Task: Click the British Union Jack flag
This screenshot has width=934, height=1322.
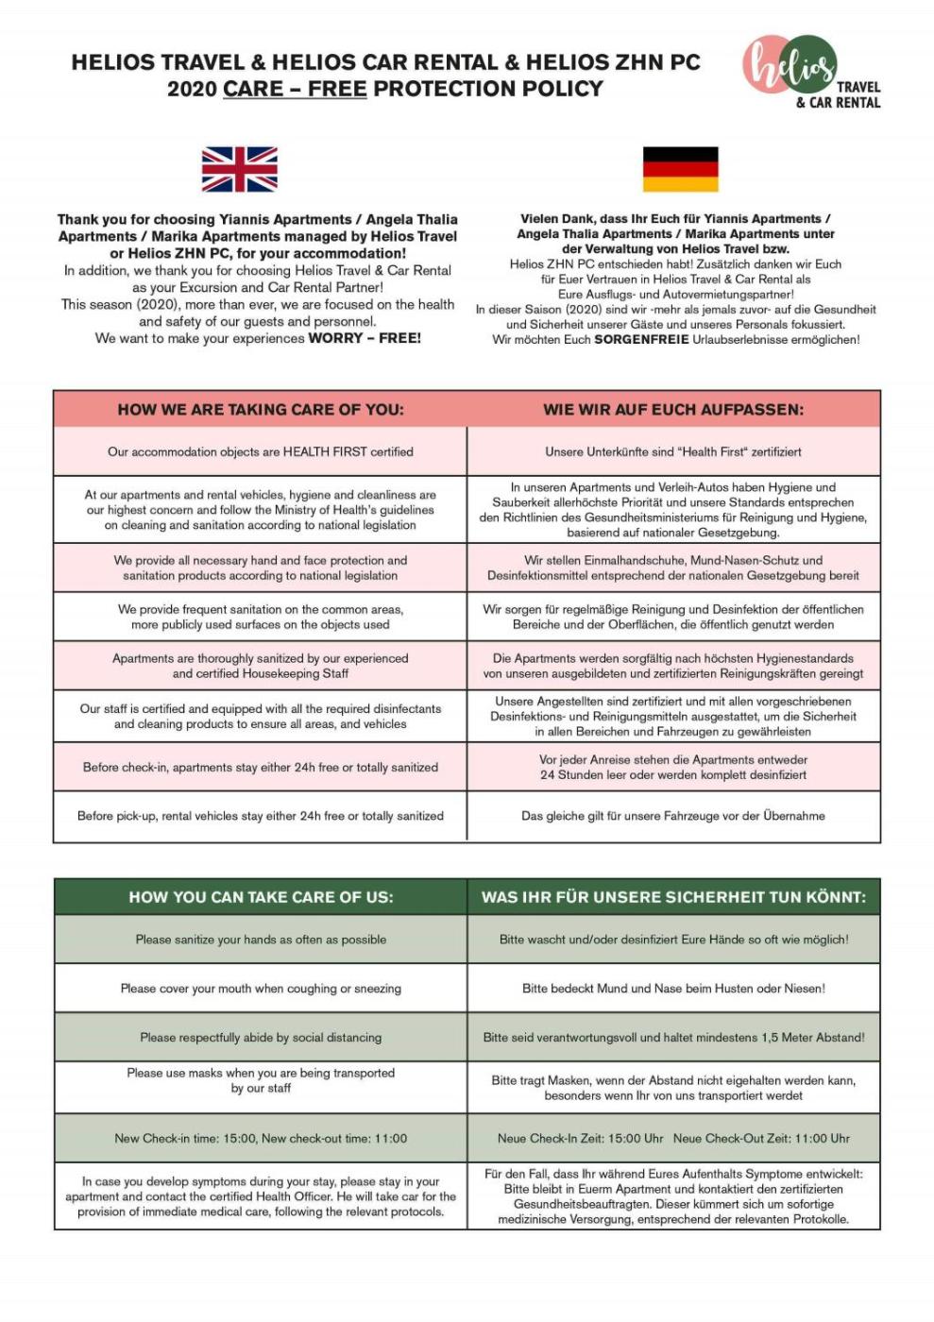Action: coord(239,170)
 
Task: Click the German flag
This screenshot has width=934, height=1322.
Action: coord(680,169)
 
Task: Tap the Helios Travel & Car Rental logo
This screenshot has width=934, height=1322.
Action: coord(809,72)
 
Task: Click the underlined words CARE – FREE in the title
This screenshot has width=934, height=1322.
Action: coord(295,89)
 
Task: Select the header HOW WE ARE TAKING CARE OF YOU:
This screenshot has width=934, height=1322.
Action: coord(260,409)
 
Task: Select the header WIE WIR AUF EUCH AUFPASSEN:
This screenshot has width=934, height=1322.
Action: coord(673,409)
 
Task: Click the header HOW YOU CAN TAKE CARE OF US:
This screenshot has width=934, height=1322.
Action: coord(261,896)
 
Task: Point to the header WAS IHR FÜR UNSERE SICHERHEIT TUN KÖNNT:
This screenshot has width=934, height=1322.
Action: coord(673,896)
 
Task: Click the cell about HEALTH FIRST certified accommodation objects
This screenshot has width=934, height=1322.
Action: coord(260,451)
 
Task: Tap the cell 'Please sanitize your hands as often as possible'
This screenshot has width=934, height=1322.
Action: coord(261,940)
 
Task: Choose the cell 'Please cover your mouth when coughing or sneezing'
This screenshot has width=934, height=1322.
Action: coord(261,989)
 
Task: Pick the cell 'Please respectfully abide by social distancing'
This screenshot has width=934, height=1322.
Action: coord(261,1037)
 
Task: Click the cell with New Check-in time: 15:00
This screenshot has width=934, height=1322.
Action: coord(261,1138)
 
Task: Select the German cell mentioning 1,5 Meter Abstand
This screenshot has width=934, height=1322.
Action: coord(673,1037)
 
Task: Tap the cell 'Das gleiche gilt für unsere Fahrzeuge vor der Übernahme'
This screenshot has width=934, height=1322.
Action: coord(673,816)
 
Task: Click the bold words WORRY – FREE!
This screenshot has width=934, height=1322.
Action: coord(365,338)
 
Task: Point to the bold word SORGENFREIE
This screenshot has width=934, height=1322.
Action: coord(641,340)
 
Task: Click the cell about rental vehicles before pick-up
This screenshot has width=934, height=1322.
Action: coord(260,816)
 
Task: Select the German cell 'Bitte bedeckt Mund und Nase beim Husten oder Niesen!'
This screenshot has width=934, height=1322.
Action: coord(673,989)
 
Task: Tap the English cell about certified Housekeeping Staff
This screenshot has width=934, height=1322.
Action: coord(260,666)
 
